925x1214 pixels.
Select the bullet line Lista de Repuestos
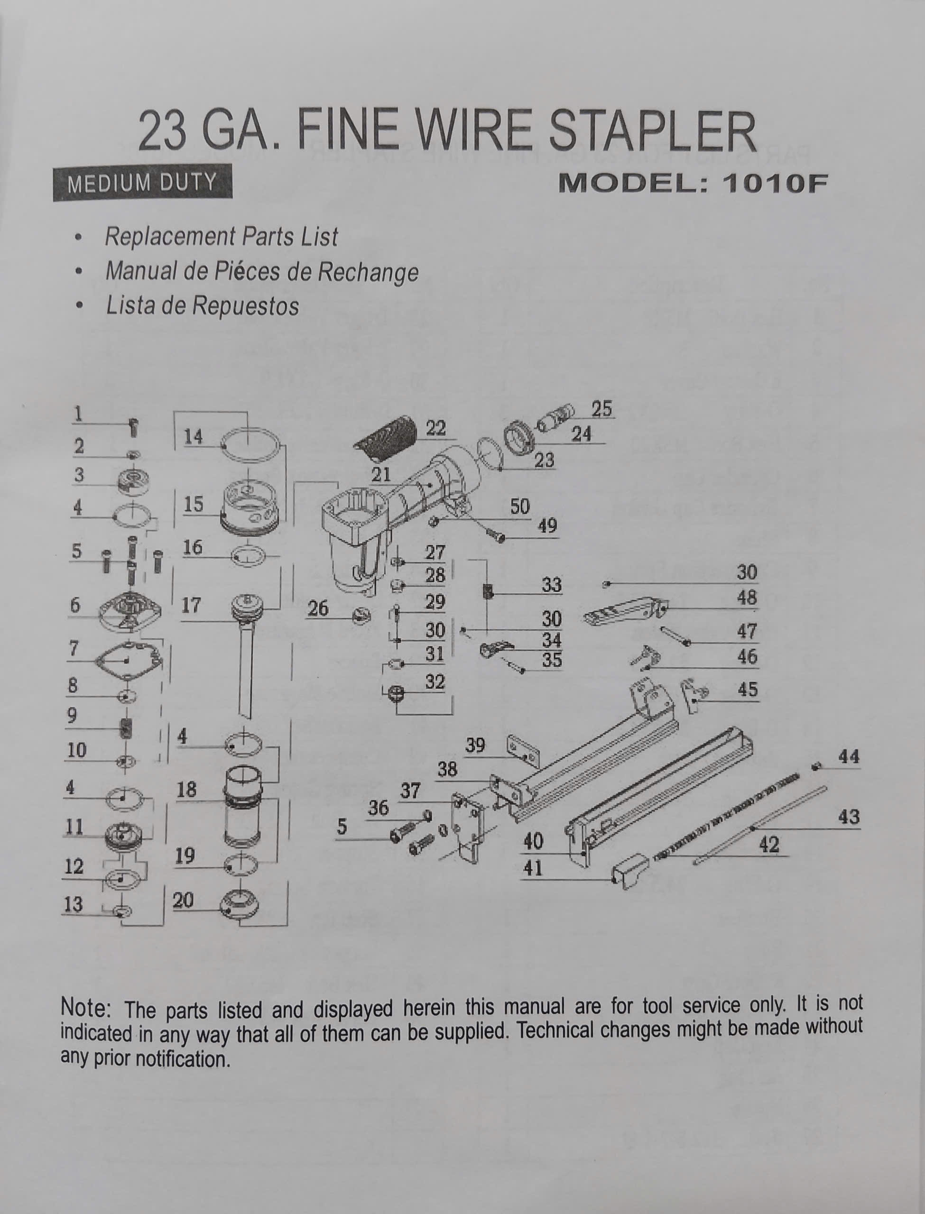pyautogui.click(x=202, y=306)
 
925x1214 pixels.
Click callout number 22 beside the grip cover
pyautogui.click(x=435, y=428)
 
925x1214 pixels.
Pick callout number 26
pyautogui.click(x=318, y=608)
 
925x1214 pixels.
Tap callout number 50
pyautogui.click(x=519, y=506)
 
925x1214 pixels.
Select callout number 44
pyautogui.click(x=849, y=757)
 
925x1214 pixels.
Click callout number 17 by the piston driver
pyautogui.click(x=191, y=606)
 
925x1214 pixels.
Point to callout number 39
pyautogui.click(x=475, y=745)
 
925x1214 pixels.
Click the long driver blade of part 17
pyautogui.click(x=246, y=671)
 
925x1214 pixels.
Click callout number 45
pyautogui.click(x=747, y=689)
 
